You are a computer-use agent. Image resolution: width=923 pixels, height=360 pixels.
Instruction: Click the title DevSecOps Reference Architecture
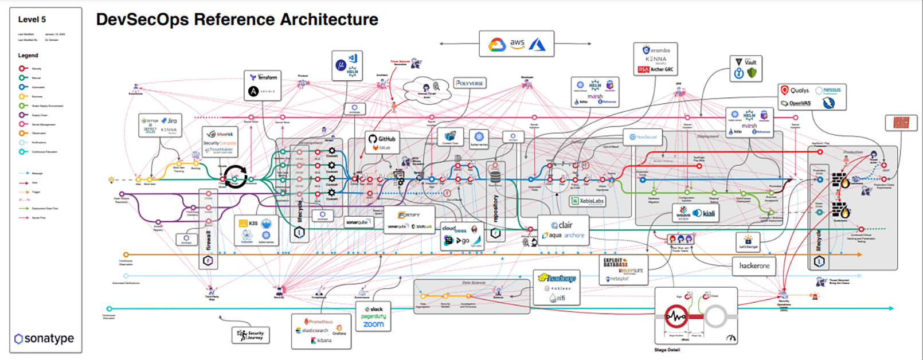point(237,19)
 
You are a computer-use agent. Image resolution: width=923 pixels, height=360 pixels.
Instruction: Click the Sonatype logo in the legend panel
point(44,338)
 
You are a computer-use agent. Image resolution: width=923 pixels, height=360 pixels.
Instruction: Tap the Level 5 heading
point(32,19)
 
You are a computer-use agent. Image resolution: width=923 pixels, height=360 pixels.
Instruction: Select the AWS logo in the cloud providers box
point(517,43)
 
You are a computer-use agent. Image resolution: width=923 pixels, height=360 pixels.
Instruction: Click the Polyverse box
point(470,83)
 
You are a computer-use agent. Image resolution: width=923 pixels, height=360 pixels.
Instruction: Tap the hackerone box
point(754,266)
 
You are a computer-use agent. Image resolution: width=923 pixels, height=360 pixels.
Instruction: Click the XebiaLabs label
point(589,201)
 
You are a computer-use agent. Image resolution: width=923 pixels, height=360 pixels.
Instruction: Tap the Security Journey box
point(251,334)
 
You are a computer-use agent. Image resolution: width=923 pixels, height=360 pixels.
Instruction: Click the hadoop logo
point(557,278)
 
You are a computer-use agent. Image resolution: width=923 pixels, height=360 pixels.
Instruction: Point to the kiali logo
point(705,213)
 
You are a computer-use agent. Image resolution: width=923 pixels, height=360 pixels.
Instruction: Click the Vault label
point(750,62)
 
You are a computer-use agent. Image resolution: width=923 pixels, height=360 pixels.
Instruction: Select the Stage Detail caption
point(667,350)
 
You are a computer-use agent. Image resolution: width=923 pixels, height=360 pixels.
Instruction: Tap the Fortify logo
point(409,215)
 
